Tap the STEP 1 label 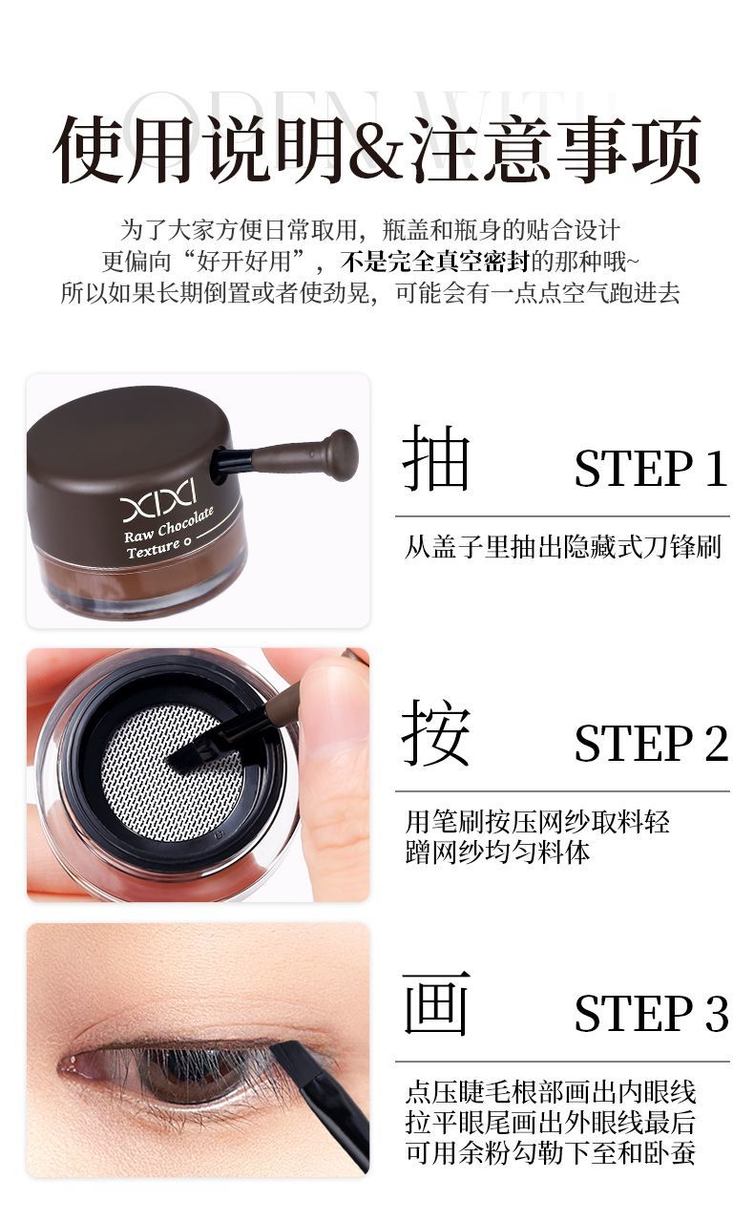point(651,468)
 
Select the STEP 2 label point(651,744)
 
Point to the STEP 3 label point(651,1013)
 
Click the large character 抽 point(435,458)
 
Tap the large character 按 point(435,732)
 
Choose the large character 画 point(435,1003)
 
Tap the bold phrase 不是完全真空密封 point(436,262)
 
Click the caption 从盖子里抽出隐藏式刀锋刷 point(563,547)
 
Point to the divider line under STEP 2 point(562,790)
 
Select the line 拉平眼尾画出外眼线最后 point(551,1122)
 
